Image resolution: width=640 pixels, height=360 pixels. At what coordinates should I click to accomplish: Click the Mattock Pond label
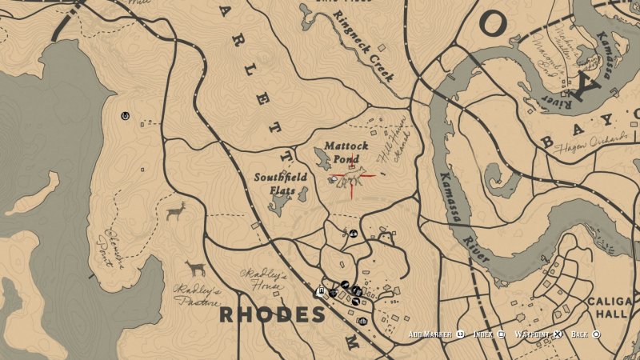coord(346,152)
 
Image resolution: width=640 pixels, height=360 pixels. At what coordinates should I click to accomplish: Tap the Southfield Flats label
coord(275,183)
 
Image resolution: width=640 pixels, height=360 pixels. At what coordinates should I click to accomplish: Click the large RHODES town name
coord(272,314)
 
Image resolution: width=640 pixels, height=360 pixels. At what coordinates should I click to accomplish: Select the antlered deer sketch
coord(175,212)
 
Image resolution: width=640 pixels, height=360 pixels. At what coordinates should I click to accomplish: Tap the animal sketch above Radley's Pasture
coord(195,267)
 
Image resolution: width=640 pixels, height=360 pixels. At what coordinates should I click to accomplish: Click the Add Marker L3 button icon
coord(461,334)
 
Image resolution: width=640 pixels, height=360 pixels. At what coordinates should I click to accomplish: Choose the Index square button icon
coord(501,334)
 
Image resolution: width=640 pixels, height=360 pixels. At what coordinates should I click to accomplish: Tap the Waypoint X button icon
coord(558,334)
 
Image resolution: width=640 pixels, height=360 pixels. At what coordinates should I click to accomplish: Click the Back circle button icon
coord(596,334)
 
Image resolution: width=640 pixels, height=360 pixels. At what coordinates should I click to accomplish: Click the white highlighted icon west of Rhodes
coord(321,291)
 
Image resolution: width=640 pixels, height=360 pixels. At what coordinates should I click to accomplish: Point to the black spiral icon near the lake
coord(126,116)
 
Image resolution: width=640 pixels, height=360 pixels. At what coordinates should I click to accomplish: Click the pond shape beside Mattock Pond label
coord(322,160)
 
